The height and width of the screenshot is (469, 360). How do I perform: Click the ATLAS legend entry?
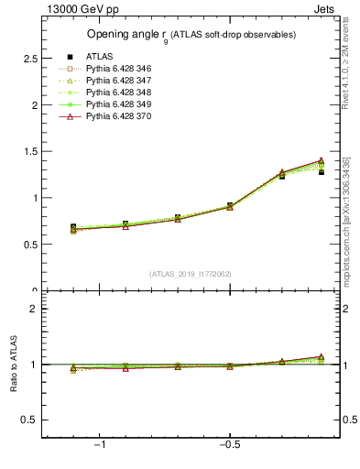click(x=99, y=56)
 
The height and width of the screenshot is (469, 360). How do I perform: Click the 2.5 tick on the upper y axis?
click(x=30, y=58)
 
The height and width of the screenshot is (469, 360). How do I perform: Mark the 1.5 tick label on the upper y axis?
click(x=30, y=151)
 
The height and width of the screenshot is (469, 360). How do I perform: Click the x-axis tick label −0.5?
click(x=228, y=445)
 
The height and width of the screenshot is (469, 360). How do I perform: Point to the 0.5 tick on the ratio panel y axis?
click(x=30, y=420)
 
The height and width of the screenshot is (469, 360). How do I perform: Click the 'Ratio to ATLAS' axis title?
click(x=13, y=365)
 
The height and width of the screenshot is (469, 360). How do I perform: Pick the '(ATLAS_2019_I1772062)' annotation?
click(x=190, y=274)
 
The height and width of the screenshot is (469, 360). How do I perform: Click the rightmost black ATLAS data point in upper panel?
click(x=321, y=171)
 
